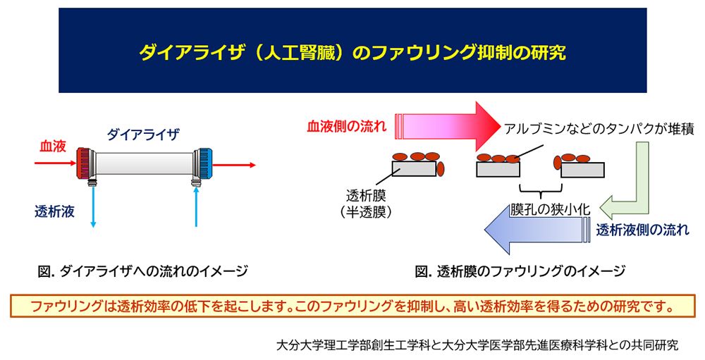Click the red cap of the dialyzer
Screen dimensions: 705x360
coord(84,164)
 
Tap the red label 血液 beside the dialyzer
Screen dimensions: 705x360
coord(53,147)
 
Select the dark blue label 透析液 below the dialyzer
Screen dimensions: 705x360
coord(54,211)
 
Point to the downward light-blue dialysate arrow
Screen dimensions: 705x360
coord(93,207)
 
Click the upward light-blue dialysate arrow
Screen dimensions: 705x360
coord(196,207)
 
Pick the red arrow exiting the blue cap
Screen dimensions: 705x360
coord(234,165)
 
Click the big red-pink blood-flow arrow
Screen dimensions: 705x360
coord(448,126)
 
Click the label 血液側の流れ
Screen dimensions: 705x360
coord(347,126)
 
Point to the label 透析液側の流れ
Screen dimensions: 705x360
coord(642,230)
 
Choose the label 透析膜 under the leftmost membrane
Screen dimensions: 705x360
coord(366,196)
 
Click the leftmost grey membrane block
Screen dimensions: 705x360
coord(414,168)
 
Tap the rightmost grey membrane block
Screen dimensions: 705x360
coord(582,170)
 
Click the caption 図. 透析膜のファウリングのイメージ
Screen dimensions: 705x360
coord(520,271)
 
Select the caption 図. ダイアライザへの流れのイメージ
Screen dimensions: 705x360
coord(143,271)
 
